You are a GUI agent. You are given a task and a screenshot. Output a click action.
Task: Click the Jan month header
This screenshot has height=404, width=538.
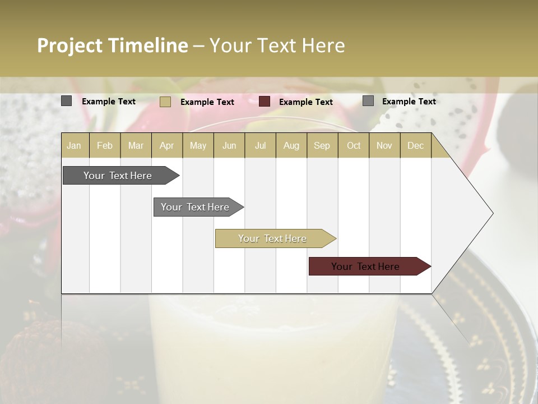pyautogui.click(x=74, y=145)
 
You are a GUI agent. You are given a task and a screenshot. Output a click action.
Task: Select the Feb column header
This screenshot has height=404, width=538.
pyautogui.click(x=105, y=145)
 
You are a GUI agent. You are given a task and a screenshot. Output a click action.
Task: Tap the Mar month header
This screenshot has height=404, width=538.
pyautogui.click(x=136, y=145)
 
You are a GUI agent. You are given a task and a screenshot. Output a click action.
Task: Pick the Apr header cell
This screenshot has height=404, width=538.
pyautogui.click(x=167, y=145)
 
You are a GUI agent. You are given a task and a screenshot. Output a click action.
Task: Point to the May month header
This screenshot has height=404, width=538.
pyautogui.click(x=198, y=145)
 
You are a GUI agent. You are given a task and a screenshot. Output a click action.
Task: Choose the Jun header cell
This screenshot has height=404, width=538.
pyautogui.click(x=229, y=145)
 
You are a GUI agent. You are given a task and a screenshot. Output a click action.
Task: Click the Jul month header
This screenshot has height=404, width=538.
pyautogui.click(x=260, y=145)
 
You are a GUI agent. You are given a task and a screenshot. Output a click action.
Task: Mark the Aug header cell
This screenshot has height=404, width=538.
pyautogui.click(x=291, y=145)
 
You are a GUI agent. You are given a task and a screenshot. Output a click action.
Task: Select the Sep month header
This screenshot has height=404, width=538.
pyautogui.click(x=322, y=145)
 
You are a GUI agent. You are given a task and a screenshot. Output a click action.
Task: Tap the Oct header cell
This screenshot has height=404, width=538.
pyautogui.click(x=354, y=145)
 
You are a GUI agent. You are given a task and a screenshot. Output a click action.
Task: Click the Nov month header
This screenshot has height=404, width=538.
pyautogui.click(x=384, y=145)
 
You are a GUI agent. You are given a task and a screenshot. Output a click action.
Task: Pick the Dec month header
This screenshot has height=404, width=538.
pyautogui.click(x=416, y=145)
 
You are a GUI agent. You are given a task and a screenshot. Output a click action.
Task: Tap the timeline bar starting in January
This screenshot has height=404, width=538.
pyautogui.click(x=118, y=176)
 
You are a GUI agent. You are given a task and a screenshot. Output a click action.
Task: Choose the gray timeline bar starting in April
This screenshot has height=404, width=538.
pyautogui.click(x=196, y=207)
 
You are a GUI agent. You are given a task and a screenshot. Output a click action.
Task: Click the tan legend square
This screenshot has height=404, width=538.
pyautogui.click(x=165, y=102)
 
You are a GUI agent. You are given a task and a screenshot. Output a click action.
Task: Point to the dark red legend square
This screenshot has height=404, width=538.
pyautogui.click(x=265, y=102)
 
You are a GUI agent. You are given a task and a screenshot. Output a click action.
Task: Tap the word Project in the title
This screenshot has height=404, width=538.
pyautogui.click(x=70, y=45)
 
